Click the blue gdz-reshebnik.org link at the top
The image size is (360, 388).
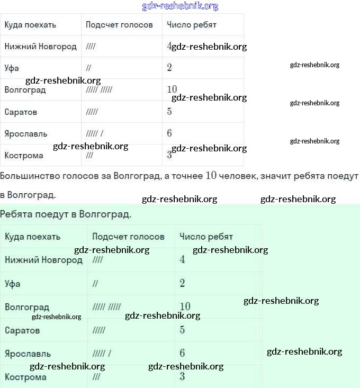(x=180, y=6)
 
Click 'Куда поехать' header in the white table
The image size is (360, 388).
(x=30, y=25)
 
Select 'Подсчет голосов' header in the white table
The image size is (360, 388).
(x=119, y=25)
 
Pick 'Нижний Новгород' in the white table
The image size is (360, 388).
(x=40, y=47)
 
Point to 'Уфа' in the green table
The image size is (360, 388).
(x=13, y=284)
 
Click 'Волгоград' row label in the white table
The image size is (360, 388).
(x=25, y=90)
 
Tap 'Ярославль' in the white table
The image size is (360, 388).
(x=26, y=133)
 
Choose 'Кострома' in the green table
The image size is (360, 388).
(x=25, y=377)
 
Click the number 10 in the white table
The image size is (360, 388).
(x=172, y=89)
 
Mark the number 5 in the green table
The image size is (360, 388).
(x=182, y=330)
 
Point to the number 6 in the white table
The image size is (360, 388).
(x=169, y=133)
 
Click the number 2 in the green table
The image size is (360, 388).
(x=182, y=283)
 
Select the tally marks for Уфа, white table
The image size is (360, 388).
(x=88, y=68)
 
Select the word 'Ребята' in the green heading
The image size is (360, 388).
(x=15, y=214)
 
